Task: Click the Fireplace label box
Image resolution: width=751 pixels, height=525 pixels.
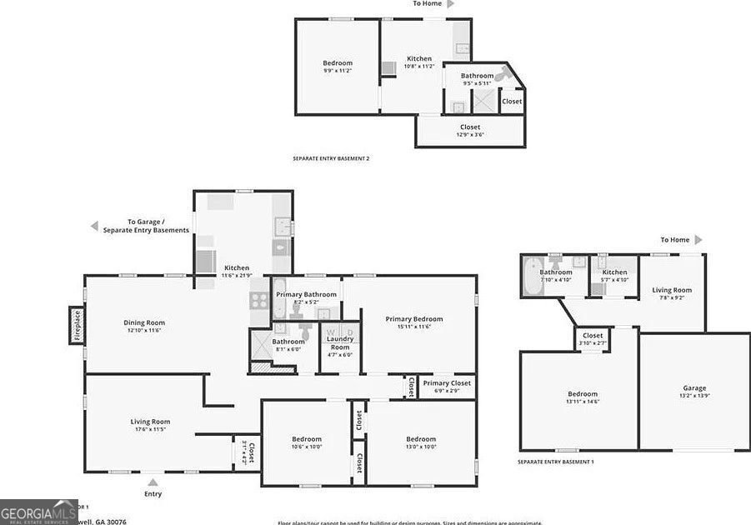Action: click(76, 325)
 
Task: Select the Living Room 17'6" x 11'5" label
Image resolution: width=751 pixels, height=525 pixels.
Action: click(149, 425)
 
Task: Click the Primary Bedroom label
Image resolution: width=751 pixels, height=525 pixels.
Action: click(413, 322)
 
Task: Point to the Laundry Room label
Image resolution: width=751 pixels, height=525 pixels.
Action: click(339, 345)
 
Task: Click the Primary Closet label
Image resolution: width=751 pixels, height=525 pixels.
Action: click(447, 387)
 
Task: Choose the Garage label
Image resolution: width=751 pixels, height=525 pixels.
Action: click(694, 392)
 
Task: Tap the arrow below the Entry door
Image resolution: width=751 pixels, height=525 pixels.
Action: click(153, 481)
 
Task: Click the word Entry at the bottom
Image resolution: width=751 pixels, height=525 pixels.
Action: click(153, 494)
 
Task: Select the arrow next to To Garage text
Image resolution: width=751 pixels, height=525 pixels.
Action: click(95, 226)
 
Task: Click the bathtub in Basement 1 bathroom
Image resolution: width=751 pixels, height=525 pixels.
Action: click(531, 273)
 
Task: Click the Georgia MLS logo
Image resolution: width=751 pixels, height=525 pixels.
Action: click(38, 511)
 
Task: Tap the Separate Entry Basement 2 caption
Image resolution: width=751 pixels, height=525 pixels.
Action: click(331, 158)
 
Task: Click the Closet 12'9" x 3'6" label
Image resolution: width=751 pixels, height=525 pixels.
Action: click(469, 131)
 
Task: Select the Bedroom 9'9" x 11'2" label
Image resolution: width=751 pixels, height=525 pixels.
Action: click(338, 67)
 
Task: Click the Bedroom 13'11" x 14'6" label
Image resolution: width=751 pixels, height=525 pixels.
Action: click(583, 397)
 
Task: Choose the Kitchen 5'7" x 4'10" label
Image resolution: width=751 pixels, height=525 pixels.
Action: click(614, 276)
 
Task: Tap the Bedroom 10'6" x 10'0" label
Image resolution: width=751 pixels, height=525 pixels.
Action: click(306, 442)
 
